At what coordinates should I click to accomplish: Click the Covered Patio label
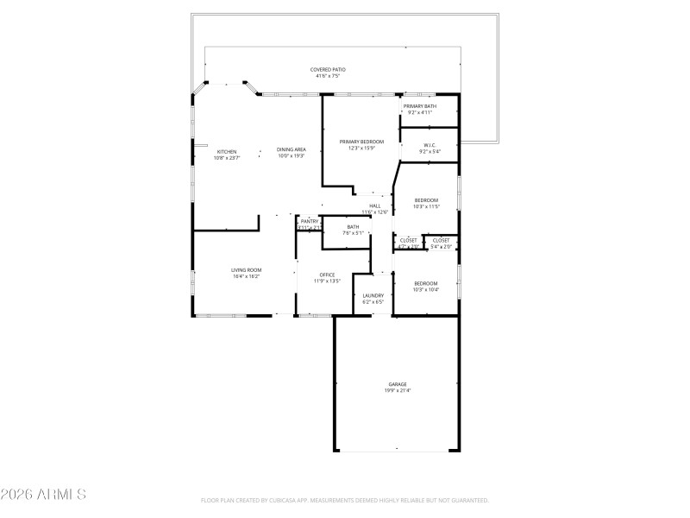pyautogui.click(x=328, y=69)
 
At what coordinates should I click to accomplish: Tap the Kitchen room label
pyautogui.click(x=227, y=151)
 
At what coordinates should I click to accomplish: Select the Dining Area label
pyautogui.click(x=292, y=149)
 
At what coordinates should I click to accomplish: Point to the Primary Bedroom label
pyautogui.click(x=361, y=141)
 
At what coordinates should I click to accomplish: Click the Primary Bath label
pyautogui.click(x=420, y=106)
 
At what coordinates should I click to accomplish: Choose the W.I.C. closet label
pyautogui.click(x=430, y=144)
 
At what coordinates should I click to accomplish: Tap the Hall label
pyautogui.click(x=375, y=205)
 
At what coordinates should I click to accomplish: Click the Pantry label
pyautogui.click(x=310, y=221)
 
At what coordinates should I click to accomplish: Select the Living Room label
pyautogui.click(x=246, y=270)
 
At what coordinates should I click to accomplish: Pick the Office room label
pyautogui.click(x=327, y=275)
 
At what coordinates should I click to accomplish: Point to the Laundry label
pyautogui.click(x=373, y=295)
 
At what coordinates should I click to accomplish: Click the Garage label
pyautogui.click(x=397, y=384)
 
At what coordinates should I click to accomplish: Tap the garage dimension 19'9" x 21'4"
pyautogui.click(x=397, y=391)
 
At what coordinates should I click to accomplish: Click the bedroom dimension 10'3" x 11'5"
pyautogui.click(x=426, y=206)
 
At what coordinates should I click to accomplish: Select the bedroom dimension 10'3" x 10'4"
pyautogui.click(x=426, y=290)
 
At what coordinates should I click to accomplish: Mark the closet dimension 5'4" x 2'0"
pyautogui.click(x=441, y=247)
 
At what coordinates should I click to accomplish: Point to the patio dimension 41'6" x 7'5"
pyautogui.click(x=328, y=76)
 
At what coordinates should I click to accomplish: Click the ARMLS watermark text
pyautogui.click(x=43, y=495)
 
